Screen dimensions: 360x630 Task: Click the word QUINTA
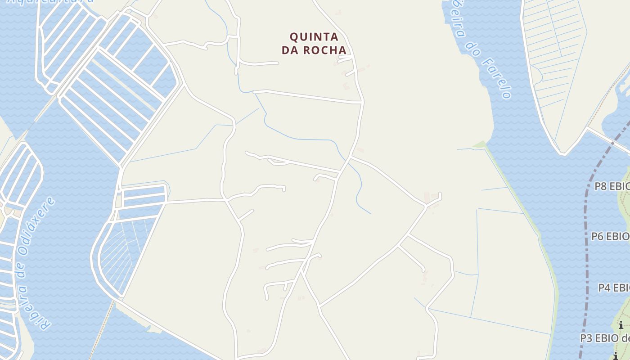pyautogui.click(x=314, y=36)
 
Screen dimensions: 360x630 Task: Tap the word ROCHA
pyautogui.click(x=325, y=50)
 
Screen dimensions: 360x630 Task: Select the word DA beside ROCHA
pyautogui.click(x=291, y=50)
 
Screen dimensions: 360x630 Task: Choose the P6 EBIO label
pyautogui.click(x=610, y=236)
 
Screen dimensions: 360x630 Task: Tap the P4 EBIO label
pyautogui.click(x=613, y=288)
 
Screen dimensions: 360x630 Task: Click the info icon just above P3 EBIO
pyautogui.click(x=621, y=325)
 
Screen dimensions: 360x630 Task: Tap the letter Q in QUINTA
pyautogui.click(x=294, y=36)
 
